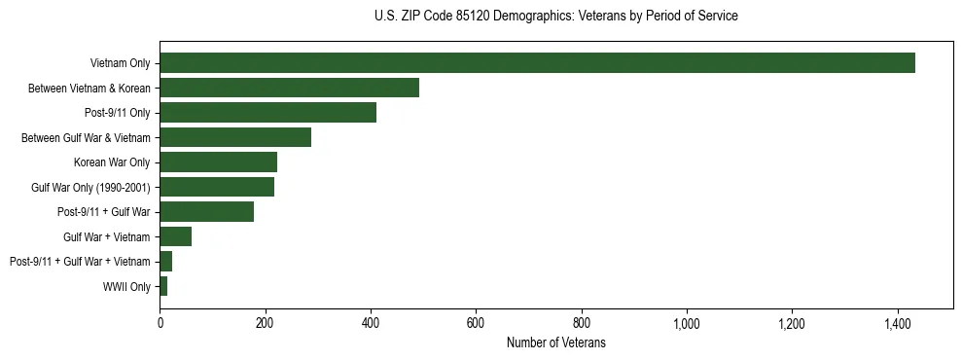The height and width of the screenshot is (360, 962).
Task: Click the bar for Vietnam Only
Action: (x=537, y=63)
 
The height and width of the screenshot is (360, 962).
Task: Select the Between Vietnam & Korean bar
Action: (x=289, y=88)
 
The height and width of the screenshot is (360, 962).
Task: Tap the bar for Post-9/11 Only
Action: (x=267, y=113)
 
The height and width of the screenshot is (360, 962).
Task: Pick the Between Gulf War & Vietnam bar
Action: (x=235, y=137)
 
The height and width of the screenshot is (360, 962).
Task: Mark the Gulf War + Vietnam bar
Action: (x=175, y=236)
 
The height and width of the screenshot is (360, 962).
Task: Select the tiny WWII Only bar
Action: (x=163, y=286)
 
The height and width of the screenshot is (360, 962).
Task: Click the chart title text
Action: (x=555, y=17)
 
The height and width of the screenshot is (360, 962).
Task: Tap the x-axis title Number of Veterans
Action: (x=555, y=342)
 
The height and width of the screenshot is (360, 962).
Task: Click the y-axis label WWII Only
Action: (x=126, y=286)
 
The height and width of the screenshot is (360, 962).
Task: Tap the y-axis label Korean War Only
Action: (x=112, y=162)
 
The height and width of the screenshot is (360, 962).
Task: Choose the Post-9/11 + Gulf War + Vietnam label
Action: (x=80, y=262)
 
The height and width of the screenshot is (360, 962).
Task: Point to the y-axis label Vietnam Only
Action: (x=120, y=63)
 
